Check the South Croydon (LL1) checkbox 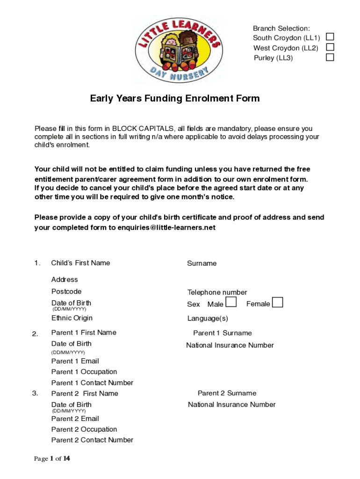pos(330,37)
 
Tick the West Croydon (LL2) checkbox pos(330,47)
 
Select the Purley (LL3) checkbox pos(330,58)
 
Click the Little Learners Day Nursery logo pos(178,49)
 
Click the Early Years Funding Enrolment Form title pos(175,99)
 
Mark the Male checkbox pos(230,303)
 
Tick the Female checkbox pos(277,303)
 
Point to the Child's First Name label pos(80,263)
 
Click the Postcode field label pos(66,291)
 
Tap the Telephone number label pos(217,292)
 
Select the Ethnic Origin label pos(72,318)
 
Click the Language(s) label pos(208,319)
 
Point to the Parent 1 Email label pos(75,361)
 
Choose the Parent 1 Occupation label pos(84,372)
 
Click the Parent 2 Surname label pos(227,393)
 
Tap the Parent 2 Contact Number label pos(92,440)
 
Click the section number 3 pos(35,393)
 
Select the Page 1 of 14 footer pos(52,458)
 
